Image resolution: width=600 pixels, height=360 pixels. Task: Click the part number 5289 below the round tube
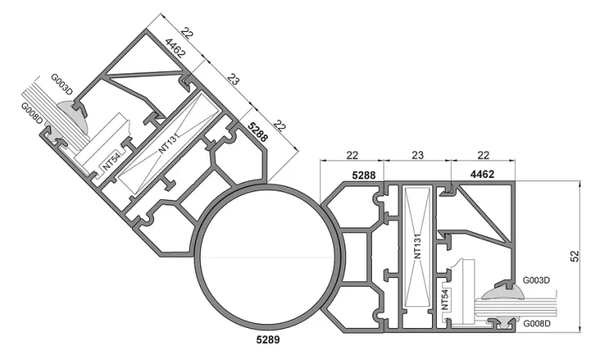pos(268,340)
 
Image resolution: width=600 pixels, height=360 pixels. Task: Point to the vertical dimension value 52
pos(575,256)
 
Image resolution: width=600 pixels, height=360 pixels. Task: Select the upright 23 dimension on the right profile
pos(417,155)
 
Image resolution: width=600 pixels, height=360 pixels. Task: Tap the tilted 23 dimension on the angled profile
pos(233,79)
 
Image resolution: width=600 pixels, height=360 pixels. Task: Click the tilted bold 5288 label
pos(258,132)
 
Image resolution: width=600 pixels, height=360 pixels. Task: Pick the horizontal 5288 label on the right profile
pos(363,175)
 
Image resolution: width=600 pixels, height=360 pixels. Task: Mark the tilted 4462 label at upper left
pos(175,48)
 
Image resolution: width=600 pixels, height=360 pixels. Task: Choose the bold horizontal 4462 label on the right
pos(482,174)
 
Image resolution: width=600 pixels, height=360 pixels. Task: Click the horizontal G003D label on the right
pos(536,280)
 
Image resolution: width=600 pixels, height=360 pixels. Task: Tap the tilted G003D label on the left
pos(62,84)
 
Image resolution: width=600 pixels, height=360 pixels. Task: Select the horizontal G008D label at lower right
pos(537,323)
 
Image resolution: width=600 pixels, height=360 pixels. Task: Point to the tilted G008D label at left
pos(32,114)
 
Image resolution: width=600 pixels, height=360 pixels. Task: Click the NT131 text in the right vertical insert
pos(417,246)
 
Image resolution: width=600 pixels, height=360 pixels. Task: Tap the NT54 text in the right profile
pos(445,300)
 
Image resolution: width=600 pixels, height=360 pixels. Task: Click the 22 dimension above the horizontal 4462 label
pos(484,155)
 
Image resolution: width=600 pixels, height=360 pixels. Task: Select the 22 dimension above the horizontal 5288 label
pos(352,155)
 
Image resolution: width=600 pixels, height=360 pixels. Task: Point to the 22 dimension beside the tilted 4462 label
pos(187,33)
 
